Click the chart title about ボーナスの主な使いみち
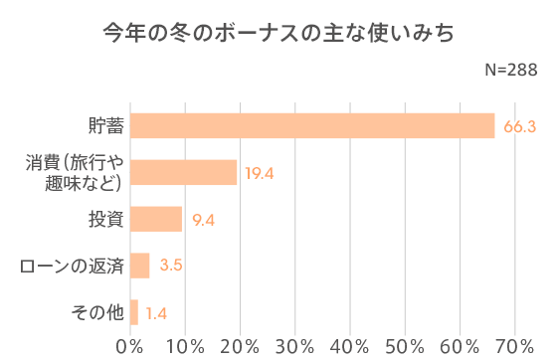tap(278, 34)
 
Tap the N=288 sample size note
tap(510, 70)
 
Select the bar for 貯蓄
tap(312, 126)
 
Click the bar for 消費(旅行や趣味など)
tap(184, 172)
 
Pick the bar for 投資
tap(156, 219)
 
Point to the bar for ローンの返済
tap(140, 266)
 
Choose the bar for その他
tap(134, 312)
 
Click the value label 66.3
tap(519, 126)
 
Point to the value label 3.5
tap(171, 266)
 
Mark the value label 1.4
tap(156, 313)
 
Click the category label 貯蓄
tap(102, 126)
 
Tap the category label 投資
tap(102, 219)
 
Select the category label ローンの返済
tap(72, 266)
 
